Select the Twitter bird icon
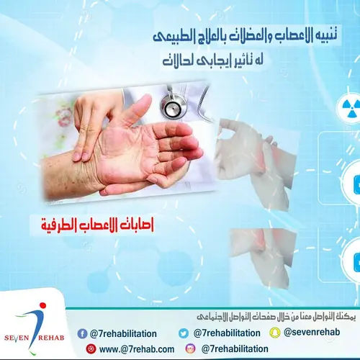click(x=184, y=333)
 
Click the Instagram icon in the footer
click(x=191, y=349)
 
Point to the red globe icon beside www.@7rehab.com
click(x=91, y=349)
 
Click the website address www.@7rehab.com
click(x=137, y=349)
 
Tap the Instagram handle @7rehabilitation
click(x=235, y=349)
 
